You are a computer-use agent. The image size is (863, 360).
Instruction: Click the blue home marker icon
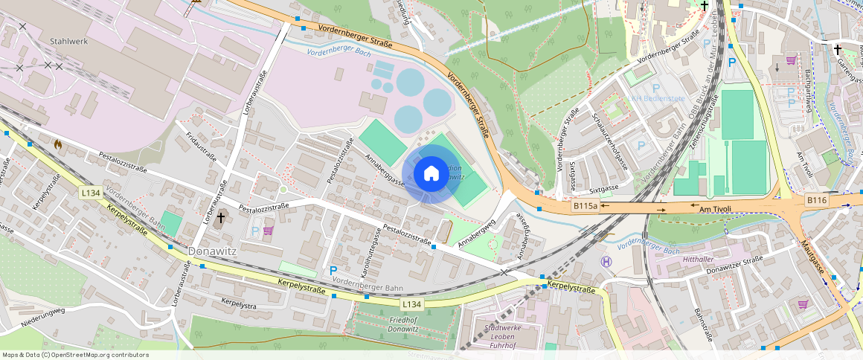pos(431,174)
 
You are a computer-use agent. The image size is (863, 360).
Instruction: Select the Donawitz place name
pos(212,251)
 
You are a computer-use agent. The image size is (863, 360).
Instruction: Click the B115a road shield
pos(586,205)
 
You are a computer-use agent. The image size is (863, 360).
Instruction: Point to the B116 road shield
pos(816,201)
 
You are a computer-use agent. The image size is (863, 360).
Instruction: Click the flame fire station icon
pos(59,144)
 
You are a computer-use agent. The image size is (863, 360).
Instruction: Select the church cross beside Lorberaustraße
pos(221,219)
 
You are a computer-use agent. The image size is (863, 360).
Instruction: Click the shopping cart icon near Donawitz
pos(268,231)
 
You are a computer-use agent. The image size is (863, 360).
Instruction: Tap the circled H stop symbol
pos(606,261)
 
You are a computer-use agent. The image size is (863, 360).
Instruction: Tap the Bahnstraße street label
pos(703,324)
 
